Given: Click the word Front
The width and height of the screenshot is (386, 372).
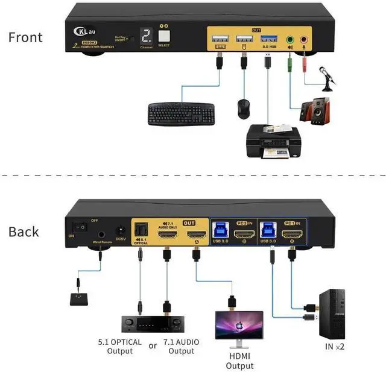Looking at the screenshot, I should pyautogui.click(x=25, y=37).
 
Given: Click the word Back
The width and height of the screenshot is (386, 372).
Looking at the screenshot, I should pyautogui.click(x=24, y=232).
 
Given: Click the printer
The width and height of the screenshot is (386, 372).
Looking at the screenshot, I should pyautogui.click(x=271, y=140).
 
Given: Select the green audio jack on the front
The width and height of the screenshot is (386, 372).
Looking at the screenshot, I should pyautogui.click(x=291, y=40).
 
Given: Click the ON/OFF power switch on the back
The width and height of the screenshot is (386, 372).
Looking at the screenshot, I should pyautogui.click(x=77, y=229).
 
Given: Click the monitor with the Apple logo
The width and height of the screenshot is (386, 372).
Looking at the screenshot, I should pyautogui.click(x=240, y=326).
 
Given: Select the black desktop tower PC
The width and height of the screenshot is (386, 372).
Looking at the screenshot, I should pyautogui.click(x=331, y=312).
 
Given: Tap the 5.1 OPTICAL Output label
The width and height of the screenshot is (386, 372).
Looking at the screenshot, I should pyautogui.click(x=120, y=346).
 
